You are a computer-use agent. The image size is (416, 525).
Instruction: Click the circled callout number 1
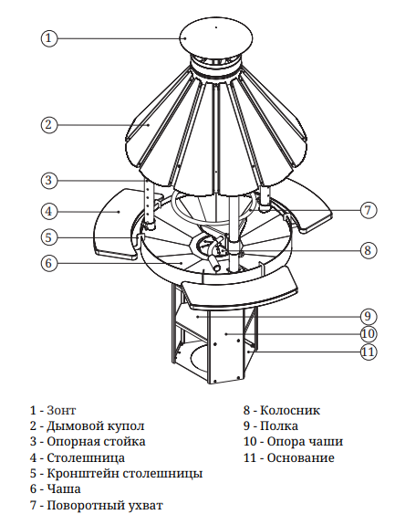pyautogui.click(x=49, y=37)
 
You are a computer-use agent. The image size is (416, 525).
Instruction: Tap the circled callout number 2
pyautogui.click(x=49, y=125)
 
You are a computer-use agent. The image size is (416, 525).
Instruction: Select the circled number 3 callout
pyautogui.click(x=49, y=181)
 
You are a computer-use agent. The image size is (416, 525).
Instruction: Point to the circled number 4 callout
pyautogui.click(x=49, y=212)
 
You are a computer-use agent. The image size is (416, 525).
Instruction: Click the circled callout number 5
pyautogui.click(x=49, y=237)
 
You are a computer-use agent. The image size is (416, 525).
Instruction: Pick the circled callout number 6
pyautogui.click(x=49, y=263)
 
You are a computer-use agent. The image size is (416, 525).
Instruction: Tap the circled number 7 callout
pyautogui.click(x=369, y=210)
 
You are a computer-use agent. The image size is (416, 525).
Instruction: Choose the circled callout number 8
pyautogui.click(x=369, y=250)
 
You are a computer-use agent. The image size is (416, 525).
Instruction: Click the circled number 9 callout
pyautogui.click(x=369, y=316)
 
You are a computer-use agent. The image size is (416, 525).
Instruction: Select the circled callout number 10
pyautogui.click(x=369, y=334)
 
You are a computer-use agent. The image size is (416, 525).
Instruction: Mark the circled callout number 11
pyautogui.click(x=369, y=352)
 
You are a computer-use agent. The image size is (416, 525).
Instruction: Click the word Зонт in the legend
pyautogui.click(x=62, y=410)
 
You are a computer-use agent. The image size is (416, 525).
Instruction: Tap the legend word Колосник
pyautogui.click(x=290, y=410)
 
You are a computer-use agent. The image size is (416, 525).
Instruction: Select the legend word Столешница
pyautogui.click(x=86, y=457)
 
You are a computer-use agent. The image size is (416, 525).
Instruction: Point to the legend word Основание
pyautogui.click(x=300, y=457)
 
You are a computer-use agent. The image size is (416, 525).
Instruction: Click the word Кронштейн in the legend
pyautogui.click(x=83, y=474)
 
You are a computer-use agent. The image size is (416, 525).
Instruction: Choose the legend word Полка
pyautogui.click(x=279, y=425)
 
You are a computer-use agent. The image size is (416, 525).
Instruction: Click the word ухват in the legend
pyautogui.click(x=146, y=505)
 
